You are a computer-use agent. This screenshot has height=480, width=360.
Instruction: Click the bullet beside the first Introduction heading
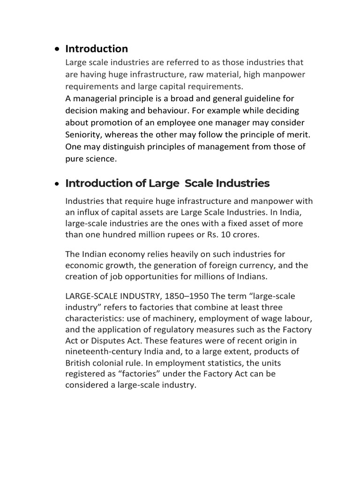coord(57,49)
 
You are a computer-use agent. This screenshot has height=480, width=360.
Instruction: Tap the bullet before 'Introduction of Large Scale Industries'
coord(57,184)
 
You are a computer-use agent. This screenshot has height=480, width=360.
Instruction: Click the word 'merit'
coord(299,135)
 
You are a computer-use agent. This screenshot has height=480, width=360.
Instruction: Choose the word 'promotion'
coord(115,123)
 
